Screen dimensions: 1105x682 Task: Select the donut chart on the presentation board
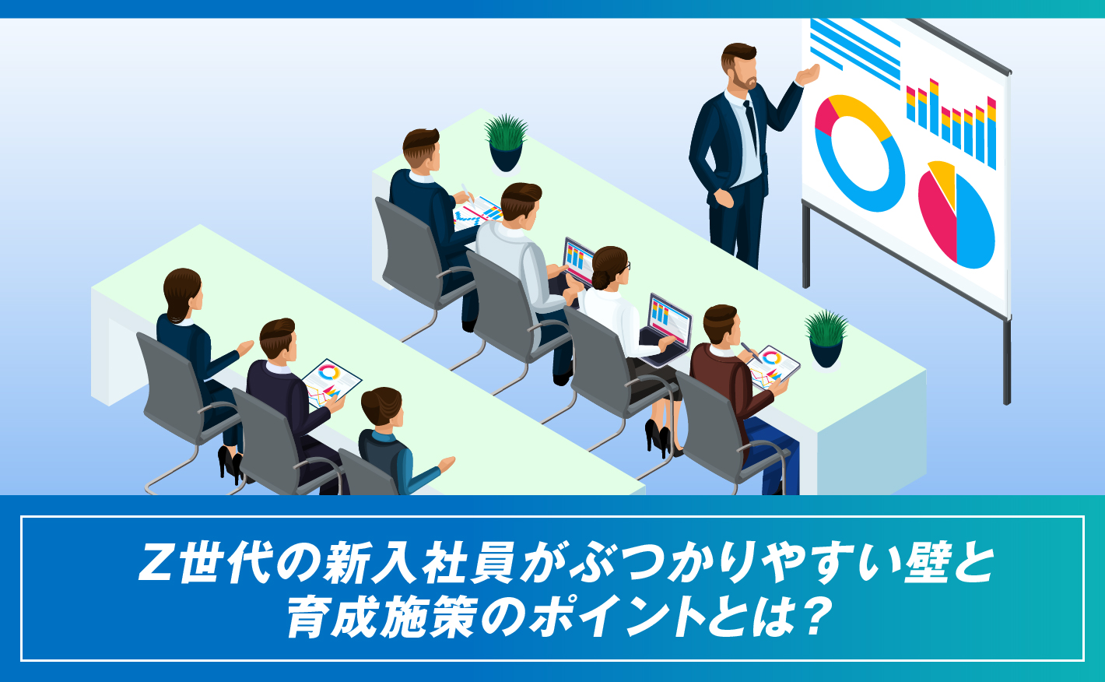(859, 153)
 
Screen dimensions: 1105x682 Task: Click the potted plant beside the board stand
(826, 339)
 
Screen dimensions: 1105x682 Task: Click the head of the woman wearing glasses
(611, 268)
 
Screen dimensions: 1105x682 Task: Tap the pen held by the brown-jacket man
(750, 351)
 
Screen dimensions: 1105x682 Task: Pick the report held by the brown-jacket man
(773, 367)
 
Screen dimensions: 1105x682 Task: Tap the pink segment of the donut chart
(824, 114)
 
